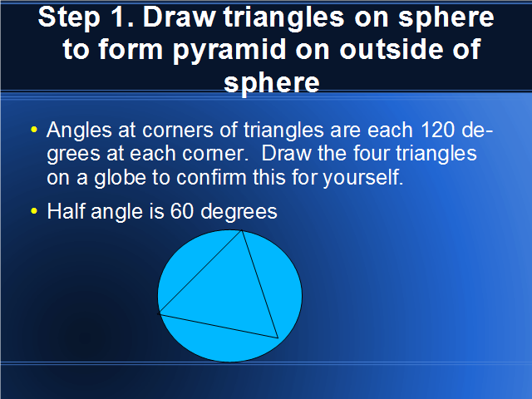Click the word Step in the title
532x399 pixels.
(69, 18)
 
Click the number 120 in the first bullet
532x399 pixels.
(437, 130)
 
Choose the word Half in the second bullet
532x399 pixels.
(66, 211)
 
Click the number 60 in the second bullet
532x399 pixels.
(182, 211)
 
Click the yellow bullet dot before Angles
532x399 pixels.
(33, 130)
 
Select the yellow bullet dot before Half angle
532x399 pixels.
(33, 210)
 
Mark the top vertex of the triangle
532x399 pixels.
(242, 231)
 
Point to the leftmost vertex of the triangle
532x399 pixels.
(159, 313)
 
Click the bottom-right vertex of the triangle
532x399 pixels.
(278, 338)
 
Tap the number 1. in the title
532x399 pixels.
(121, 17)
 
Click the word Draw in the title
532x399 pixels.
(180, 17)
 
